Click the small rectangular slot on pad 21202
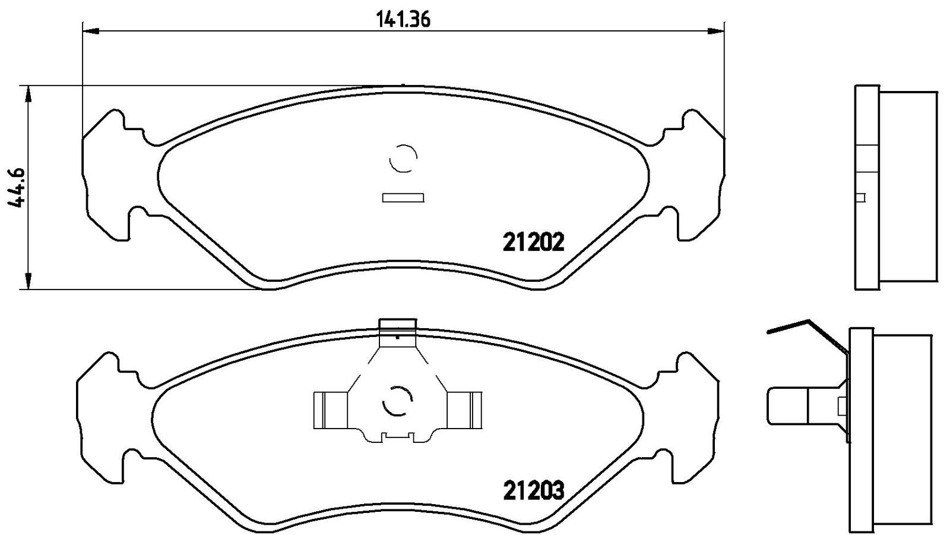coord(403,198)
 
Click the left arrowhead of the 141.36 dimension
coord(91,30)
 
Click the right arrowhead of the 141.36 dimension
coord(715,30)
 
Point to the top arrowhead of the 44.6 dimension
coord(28,95)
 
